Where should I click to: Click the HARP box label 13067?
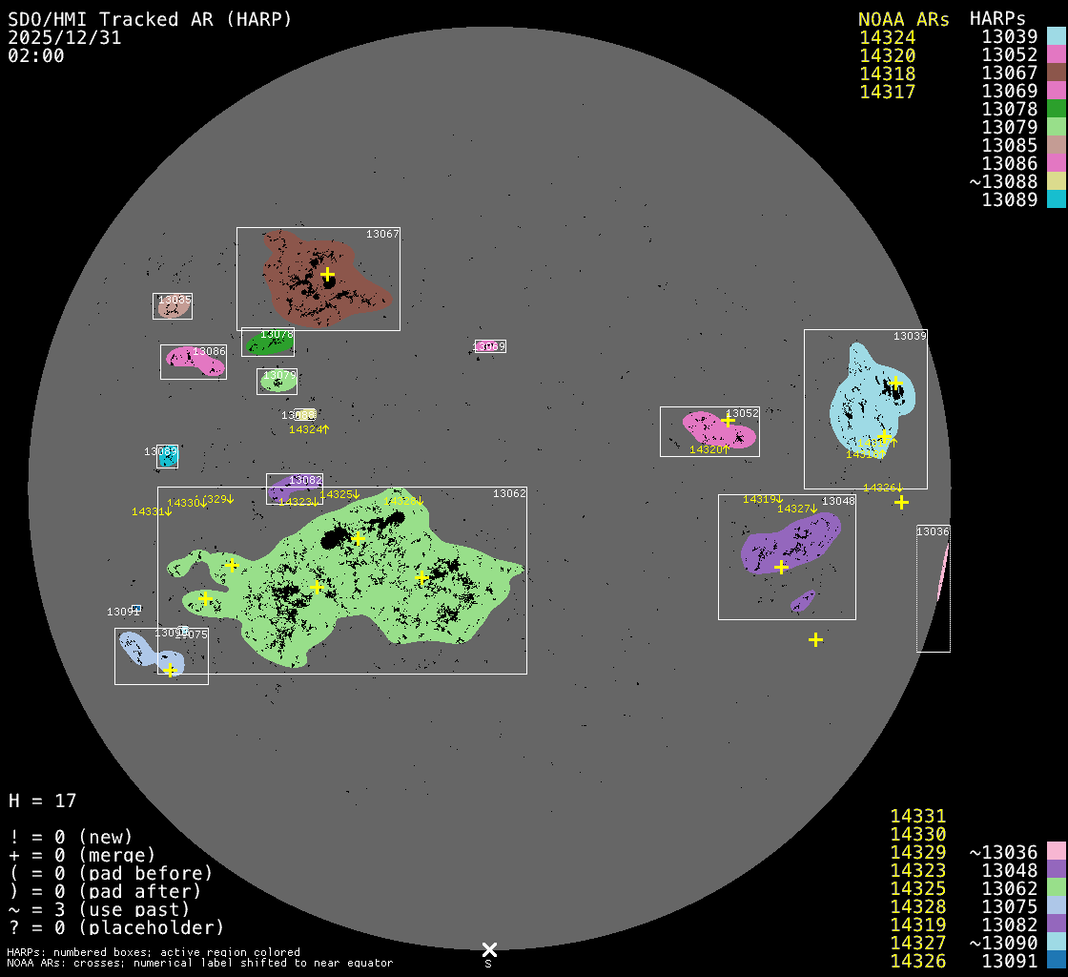[382, 234]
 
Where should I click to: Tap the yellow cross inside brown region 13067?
[327, 274]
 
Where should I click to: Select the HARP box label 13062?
[509, 493]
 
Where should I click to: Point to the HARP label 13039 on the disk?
[910, 336]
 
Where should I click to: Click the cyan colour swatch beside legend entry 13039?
[1056, 37]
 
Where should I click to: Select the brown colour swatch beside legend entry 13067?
[1056, 73]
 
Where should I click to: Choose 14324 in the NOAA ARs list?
[887, 38]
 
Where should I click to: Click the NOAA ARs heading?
[903, 19]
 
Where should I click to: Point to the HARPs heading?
[997, 19]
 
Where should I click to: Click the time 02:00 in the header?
[35, 55]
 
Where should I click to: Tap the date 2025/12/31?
[64, 37]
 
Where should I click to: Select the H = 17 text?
[42, 800]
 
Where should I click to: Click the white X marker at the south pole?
[489, 949]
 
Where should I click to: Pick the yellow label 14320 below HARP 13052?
[707, 449]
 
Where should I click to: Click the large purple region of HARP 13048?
[787, 544]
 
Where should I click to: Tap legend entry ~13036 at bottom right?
[1003, 852]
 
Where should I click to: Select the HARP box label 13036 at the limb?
[933, 531]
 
